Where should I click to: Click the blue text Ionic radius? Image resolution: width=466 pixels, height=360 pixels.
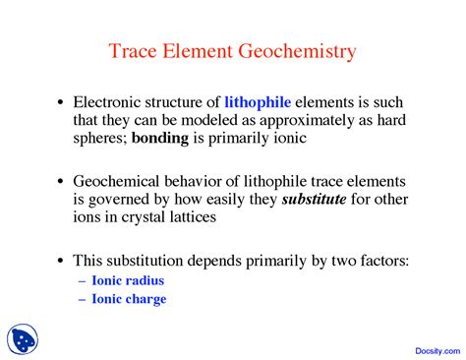coord(129,280)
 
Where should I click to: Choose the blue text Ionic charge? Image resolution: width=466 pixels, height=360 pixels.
coord(130,299)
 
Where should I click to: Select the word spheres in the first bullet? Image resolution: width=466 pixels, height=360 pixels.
coord(99,138)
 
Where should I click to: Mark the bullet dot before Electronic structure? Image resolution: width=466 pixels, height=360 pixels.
coord(61,102)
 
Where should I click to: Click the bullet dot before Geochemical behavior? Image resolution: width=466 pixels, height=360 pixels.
coord(61,182)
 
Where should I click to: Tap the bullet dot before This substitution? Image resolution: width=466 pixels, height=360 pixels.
coord(61,262)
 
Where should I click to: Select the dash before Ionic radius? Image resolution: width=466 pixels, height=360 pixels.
coord(82,280)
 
